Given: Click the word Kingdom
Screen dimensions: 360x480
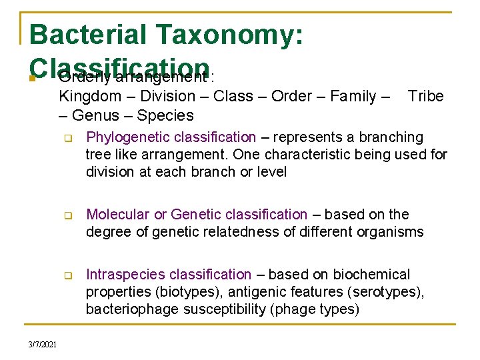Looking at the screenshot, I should click(90, 97).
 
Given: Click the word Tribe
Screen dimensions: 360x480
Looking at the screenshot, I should click(425, 97).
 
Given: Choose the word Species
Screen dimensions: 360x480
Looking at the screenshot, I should click(165, 115).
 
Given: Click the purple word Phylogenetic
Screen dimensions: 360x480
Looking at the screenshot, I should click(127, 138).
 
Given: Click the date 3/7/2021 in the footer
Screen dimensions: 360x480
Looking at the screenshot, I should click(42, 344).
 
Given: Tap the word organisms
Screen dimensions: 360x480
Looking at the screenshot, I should click(391, 232).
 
